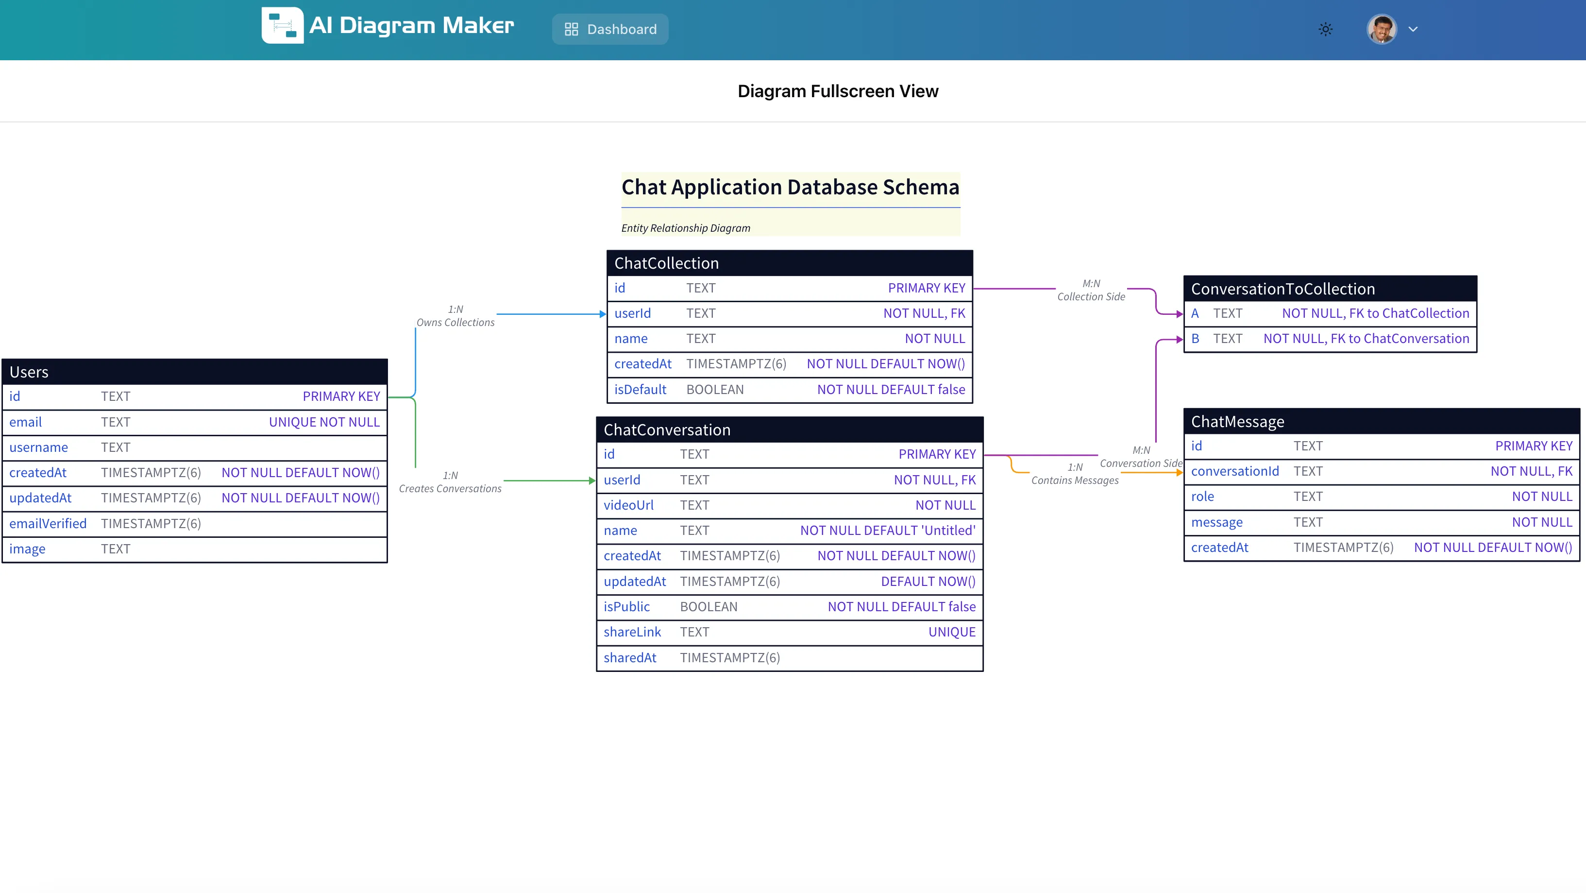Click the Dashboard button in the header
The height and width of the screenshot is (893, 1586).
pos(610,29)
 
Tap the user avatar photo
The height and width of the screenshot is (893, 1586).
pos(1381,29)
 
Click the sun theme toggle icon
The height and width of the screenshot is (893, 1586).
pos(1326,29)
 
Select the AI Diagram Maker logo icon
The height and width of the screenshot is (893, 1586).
pos(282,25)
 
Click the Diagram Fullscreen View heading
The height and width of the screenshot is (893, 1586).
pos(837,91)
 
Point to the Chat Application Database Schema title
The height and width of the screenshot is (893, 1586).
pos(790,187)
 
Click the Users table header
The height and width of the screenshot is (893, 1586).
pos(195,372)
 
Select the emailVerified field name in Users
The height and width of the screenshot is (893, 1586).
pos(48,523)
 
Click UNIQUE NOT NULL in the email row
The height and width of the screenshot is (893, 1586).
pos(324,422)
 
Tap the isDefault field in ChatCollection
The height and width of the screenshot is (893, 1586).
pos(641,389)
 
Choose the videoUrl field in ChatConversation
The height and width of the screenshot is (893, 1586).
pos(628,505)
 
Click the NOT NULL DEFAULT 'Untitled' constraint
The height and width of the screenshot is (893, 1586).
pos(887,530)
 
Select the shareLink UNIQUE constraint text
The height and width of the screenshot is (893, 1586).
pos(951,632)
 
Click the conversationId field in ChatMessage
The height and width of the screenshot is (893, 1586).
pos(1234,471)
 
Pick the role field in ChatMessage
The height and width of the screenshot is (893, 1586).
pos(1202,497)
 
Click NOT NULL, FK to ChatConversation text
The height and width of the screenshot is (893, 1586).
pos(1366,339)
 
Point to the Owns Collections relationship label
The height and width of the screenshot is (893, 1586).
pos(455,322)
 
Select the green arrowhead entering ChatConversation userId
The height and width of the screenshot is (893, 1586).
pos(591,481)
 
